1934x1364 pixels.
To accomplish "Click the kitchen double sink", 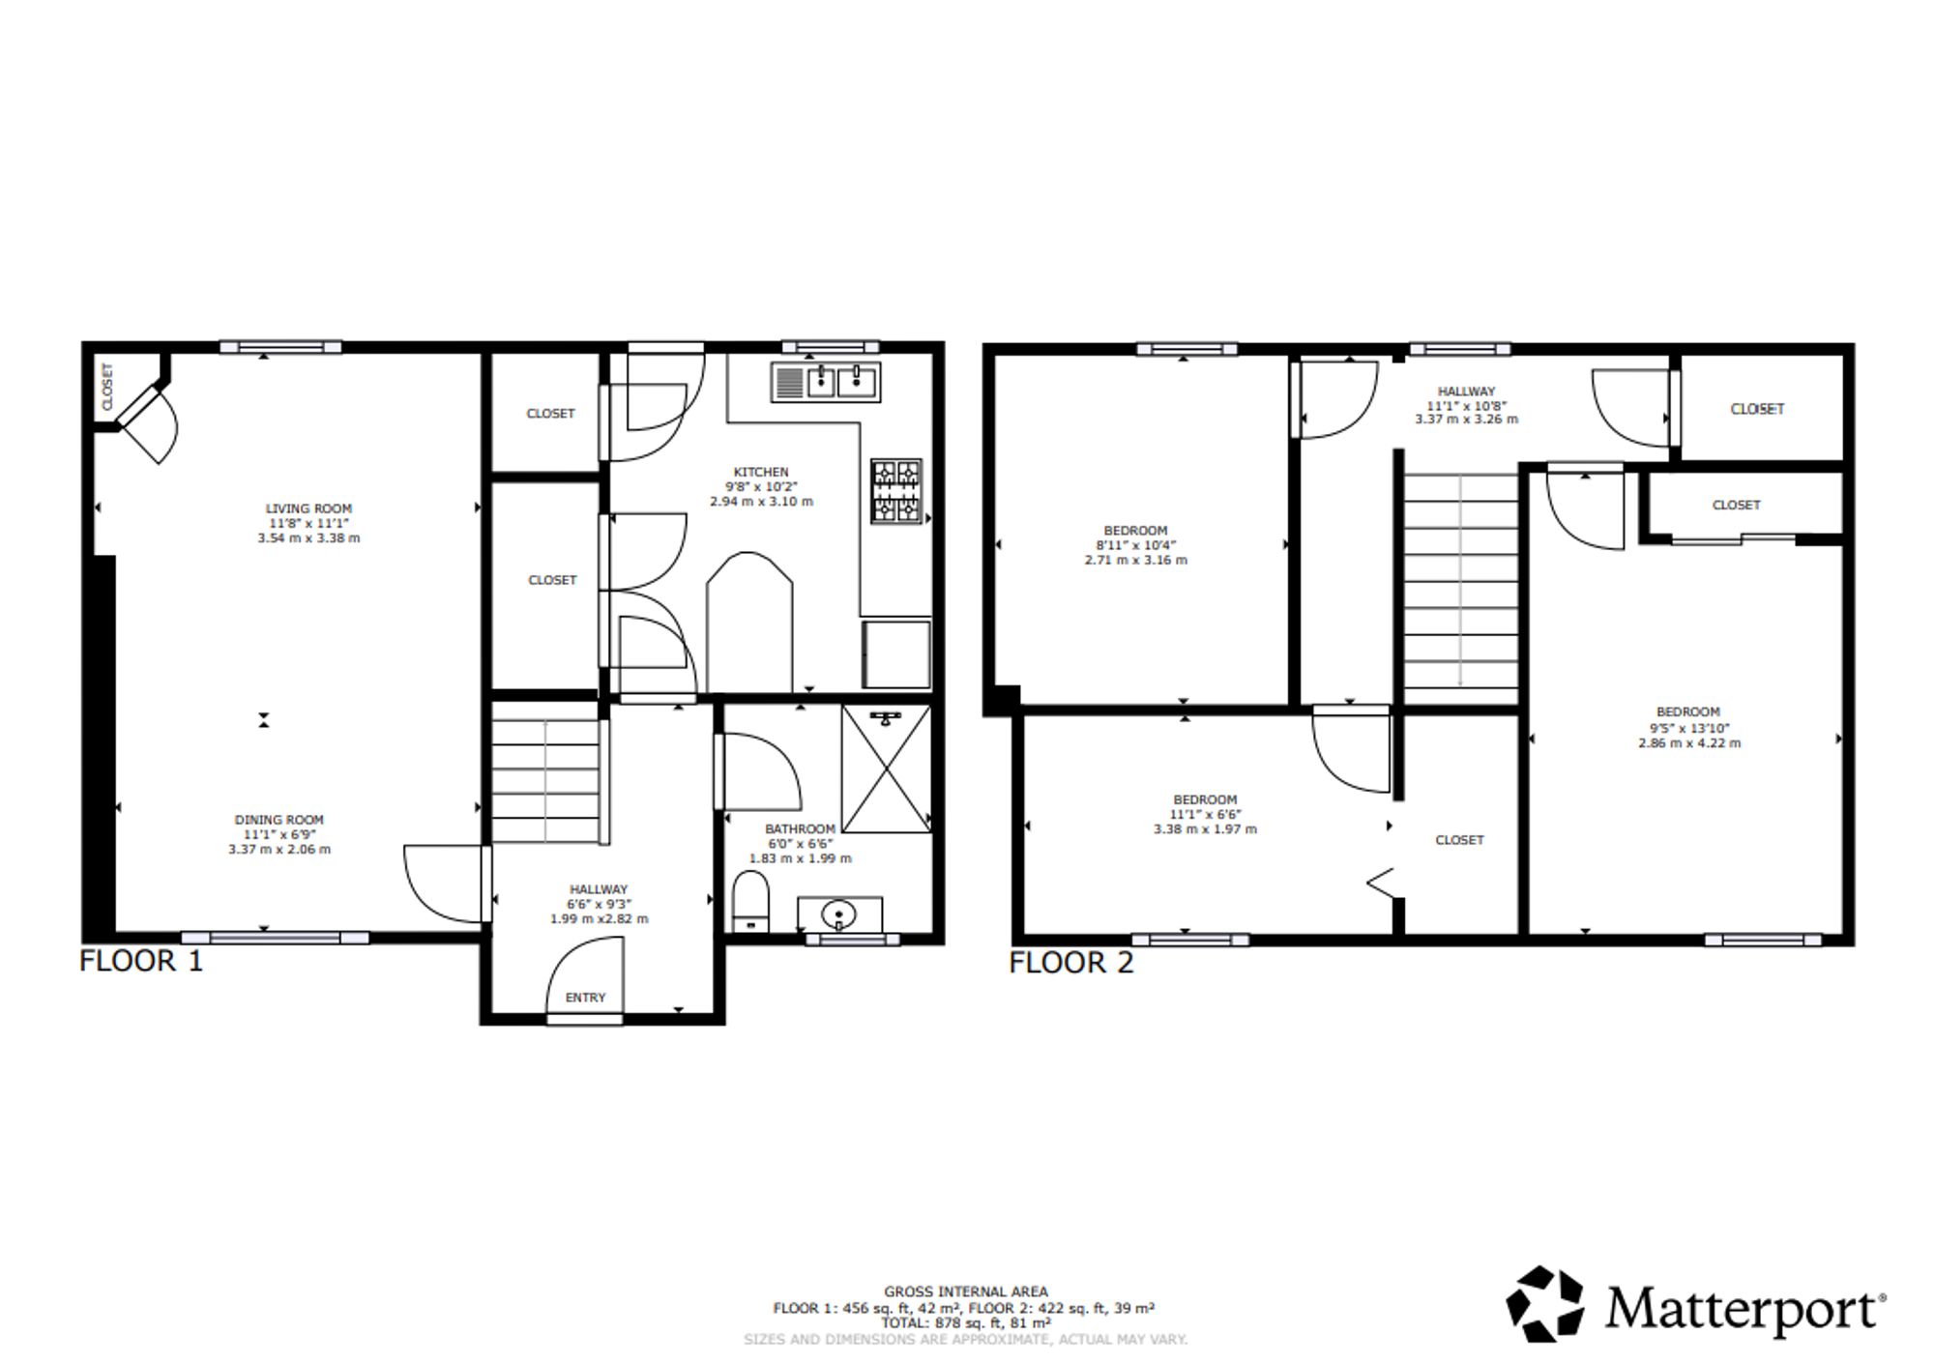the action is click(826, 382).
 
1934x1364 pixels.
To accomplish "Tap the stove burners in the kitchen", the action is click(896, 491).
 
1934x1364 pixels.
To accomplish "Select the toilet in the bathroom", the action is click(750, 902).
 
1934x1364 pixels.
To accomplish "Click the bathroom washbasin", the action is click(839, 914).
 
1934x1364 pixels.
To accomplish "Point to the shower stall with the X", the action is click(887, 769).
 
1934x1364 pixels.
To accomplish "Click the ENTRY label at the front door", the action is click(585, 998).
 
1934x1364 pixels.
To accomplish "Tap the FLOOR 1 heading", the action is click(141, 961).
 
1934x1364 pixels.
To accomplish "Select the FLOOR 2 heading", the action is click(1070, 963).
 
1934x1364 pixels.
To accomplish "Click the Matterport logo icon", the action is click(1545, 1304).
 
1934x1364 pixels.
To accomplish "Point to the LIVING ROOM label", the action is click(309, 508).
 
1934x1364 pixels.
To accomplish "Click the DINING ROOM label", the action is click(279, 820).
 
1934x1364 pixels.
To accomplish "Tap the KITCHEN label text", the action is click(761, 472).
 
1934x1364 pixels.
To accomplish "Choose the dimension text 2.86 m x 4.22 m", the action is click(1689, 743).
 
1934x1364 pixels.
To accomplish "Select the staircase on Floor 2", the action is click(1460, 580).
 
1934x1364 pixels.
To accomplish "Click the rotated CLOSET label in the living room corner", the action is click(107, 386).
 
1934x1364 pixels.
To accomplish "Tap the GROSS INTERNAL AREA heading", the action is click(965, 1291).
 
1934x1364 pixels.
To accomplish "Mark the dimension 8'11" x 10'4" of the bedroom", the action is click(1135, 545).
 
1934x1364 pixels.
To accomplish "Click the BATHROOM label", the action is click(800, 828).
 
